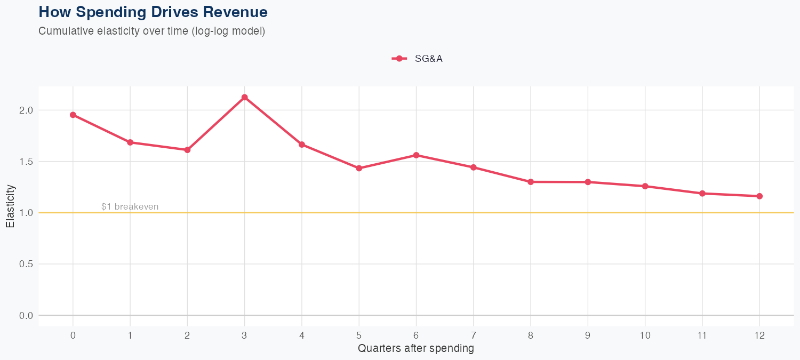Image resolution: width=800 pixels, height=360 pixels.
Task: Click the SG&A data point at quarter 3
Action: pyautogui.click(x=244, y=98)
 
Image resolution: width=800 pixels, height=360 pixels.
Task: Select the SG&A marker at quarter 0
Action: pyautogui.click(x=73, y=115)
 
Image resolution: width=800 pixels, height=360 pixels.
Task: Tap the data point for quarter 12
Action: pyautogui.click(x=759, y=196)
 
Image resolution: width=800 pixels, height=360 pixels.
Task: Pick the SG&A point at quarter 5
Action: pyautogui.click(x=359, y=168)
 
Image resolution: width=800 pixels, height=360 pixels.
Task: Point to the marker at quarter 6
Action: pyautogui.click(x=416, y=155)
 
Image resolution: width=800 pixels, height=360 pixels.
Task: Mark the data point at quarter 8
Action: pyautogui.click(x=531, y=182)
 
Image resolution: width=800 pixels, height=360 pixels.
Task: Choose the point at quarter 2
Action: pyautogui.click(x=187, y=150)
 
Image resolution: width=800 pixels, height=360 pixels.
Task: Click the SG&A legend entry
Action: pyautogui.click(x=418, y=59)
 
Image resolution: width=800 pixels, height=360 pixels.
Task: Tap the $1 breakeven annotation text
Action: pyautogui.click(x=130, y=207)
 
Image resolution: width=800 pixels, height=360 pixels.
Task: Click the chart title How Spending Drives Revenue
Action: pyautogui.click(x=153, y=12)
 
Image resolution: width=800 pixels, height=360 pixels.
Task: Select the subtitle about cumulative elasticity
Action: pyautogui.click(x=151, y=31)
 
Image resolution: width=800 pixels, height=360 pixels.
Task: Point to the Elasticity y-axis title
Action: pyautogui.click(x=10, y=206)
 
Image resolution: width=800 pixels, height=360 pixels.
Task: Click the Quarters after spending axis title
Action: pyautogui.click(x=416, y=349)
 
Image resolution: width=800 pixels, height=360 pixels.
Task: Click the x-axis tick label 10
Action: pyautogui.click(x=645, y=335)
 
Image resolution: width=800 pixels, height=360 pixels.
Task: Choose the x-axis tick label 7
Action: pyautogui.click(x=473, y=335)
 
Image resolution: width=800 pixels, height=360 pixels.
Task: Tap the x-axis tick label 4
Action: pyautogui.click(x=302, y=335)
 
